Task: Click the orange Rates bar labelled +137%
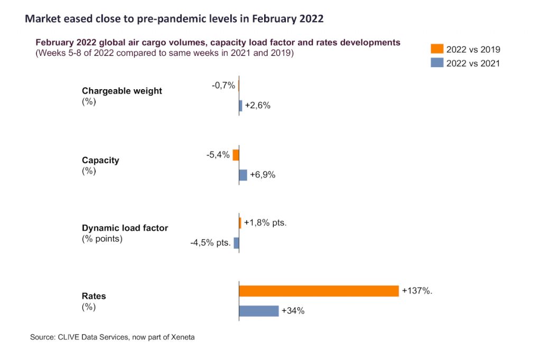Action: coord(319,291)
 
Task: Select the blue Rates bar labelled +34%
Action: coord(259,311)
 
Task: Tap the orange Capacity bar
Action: coord(236,155)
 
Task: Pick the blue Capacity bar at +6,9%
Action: coord(243,175)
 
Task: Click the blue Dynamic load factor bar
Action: coord(237,243)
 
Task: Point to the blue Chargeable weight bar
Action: coord(240,106)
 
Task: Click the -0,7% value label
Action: coord(224,85)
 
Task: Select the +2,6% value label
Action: coord(258,106)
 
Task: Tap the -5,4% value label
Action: coord(218,155)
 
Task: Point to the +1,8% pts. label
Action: coord(265,223)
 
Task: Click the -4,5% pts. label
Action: coord(210,243)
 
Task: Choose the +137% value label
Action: coord(417,291)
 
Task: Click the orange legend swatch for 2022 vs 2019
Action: coord(437,49)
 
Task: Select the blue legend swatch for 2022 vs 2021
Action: coord(437,63)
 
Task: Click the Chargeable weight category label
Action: coord(122,91)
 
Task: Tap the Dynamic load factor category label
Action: coord(125,228)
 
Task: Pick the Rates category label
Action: coord(94,297)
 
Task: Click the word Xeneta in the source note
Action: coord(181,337)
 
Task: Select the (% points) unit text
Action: coord(102,239)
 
